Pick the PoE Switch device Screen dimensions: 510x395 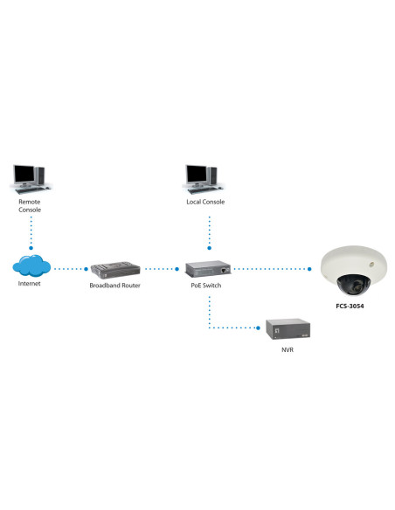[x=207, y=268]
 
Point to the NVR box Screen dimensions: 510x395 [x=288, y=329]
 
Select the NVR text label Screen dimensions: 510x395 [x=288, y=350]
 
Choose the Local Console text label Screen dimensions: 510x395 [x=206, y=202]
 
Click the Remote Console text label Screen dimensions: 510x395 [x=30, y=206]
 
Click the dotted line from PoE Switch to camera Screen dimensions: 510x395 [x=271, y=268]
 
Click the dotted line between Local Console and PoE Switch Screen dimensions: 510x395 [x=208, y=231]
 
